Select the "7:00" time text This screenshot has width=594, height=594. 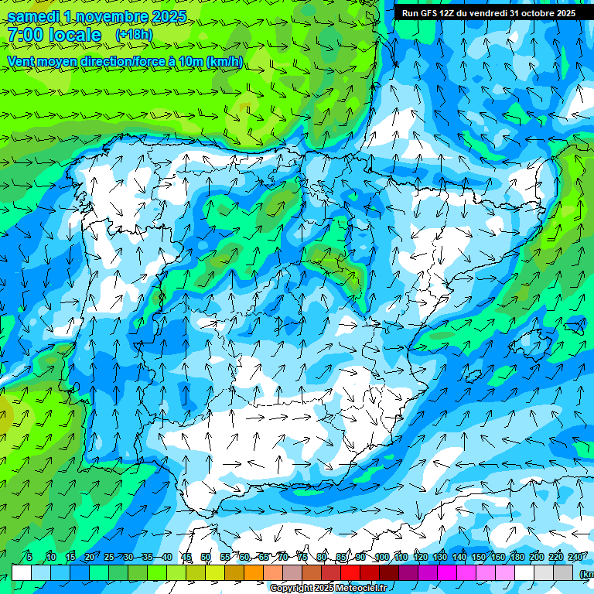tap(25, 35)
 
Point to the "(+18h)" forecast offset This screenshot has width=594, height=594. tap(134, 35)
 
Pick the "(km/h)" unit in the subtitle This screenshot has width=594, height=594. tap(225, 61)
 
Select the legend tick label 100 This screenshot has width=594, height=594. tap(381, 557)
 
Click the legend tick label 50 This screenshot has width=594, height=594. tap(206, 557)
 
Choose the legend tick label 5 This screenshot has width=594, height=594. tap(29, 557)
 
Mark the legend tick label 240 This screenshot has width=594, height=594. tap(575, 557)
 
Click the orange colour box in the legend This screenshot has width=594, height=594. tap(254, 572)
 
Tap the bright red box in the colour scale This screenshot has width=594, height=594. tap(350, 572)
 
